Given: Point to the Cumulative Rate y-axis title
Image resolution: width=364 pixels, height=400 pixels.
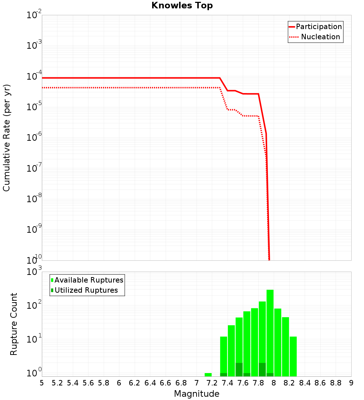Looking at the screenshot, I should click(x=7, y=137).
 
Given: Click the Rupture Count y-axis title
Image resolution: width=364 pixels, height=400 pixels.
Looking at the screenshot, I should click(x=14, y=324).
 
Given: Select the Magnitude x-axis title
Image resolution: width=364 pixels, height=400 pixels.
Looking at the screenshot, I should click(x=197, y=394).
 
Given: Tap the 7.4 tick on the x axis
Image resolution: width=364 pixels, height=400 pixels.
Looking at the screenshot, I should click(x=227, y=383).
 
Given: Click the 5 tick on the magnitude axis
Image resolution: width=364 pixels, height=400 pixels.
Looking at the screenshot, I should click(x=42, y=383).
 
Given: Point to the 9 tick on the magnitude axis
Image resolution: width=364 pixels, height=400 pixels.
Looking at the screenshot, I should click(x=351, y=383).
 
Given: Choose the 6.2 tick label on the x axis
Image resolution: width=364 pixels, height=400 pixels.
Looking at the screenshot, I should click(x=135, y=383).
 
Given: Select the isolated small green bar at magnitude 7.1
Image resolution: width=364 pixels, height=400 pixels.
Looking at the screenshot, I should click(x=208, y=375).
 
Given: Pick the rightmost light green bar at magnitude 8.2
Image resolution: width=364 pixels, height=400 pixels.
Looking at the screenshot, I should click(x=293, y=356).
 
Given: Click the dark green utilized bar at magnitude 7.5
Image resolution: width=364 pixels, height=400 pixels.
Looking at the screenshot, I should click(x=239, y=369).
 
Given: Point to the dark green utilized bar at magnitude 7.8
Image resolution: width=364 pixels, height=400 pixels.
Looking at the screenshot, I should click(x=262, y=369).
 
